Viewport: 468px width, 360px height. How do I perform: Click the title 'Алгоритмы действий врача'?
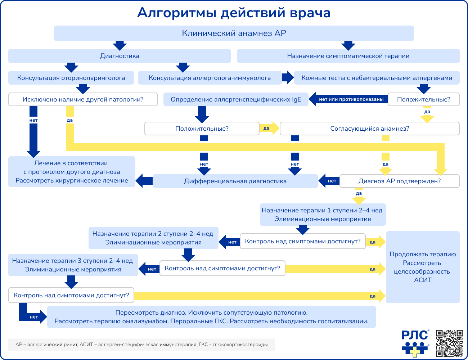pyautogui.click(x=234, y=13)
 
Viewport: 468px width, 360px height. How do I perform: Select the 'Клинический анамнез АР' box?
pyautogui.click(x=234, y=33)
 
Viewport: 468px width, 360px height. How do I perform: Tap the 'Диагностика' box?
pyautogui.click(x=120, y=56)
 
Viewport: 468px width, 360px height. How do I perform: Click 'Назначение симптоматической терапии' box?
pyautogui.click(x=348, y=56)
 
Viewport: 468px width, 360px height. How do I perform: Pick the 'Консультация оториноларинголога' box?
pyautogui.click(x=71, y=78)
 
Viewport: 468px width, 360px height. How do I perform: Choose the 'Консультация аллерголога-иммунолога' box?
pyautogui.click(x=210, y=78)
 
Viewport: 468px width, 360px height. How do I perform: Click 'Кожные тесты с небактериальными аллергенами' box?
pyautogui.click(x=377, y=78)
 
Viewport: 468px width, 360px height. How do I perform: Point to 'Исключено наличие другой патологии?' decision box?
pyautogui.click(x=83, y=99)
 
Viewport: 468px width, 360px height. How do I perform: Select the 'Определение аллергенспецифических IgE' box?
pyautogui.click(x=236, y=99)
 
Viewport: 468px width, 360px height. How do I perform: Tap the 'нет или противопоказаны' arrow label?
pyautogui.click(x=351, y=99)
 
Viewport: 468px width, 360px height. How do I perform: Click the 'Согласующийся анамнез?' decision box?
pyautogui.click(x=369, y=129)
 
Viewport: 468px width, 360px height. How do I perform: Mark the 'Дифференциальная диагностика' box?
pyautogui.click(x=235, y=181)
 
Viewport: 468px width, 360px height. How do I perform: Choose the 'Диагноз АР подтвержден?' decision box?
pyautogui.click(x=399, y=181)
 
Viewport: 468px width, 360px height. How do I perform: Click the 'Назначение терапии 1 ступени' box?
pyautogui.click(x=323, y=215)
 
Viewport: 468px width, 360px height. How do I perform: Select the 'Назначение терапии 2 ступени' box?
pyautogui.click(x=153, y=238)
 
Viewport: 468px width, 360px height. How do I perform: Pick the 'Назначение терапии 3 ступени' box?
pyautogui.click(x=73, y=265)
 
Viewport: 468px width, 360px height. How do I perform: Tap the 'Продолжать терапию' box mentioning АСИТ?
pyautogui.click(x=423, y=267)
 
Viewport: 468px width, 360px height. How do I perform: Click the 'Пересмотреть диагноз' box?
pyautogui.click(x=211, y=317)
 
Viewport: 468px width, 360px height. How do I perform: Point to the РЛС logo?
pyautogui.click(x=415, y=343)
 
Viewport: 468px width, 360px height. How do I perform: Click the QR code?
pyautogui.click(x=449, y=343)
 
